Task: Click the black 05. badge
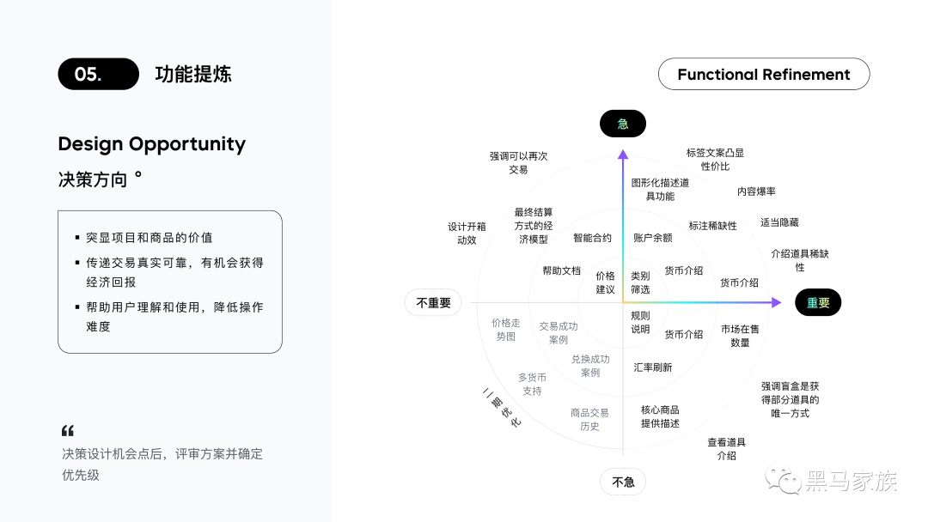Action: (x=98, y=74)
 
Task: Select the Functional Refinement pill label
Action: (x=763, y=75)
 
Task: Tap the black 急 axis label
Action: (x=622, y=124)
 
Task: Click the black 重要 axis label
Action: (x=817, y=302)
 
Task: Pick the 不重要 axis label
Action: (x=433, y=302)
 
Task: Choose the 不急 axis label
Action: (x=622, y=482)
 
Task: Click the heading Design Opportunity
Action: (x=151, y=143)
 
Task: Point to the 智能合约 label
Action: (x=592, y=238)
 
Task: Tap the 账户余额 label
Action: (x=652, y=238)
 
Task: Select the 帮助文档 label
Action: (x=561, y=270)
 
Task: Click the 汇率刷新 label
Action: (x=652, y=367)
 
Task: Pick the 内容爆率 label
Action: (x=756, y=191)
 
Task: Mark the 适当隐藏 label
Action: (x=779, y=222)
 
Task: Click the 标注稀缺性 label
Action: (x=712, y=226)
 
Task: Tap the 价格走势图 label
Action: (x=506, y=330)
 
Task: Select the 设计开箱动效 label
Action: (x=467, y=234)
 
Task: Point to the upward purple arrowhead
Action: (x=623, y=155)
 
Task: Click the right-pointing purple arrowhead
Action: (x=776, y=302)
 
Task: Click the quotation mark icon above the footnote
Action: (x=68, y=430)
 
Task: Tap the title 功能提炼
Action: (x=193, y=74)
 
